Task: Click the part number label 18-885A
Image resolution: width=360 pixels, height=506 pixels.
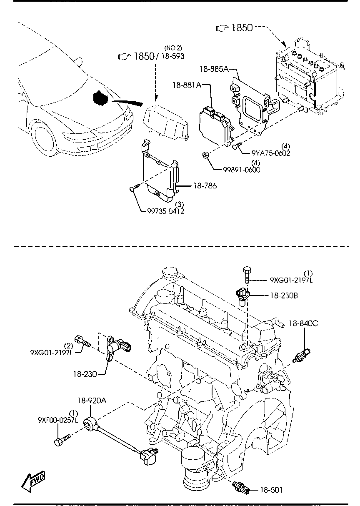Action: (214, 69)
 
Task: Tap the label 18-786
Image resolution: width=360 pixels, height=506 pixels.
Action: (205, 186)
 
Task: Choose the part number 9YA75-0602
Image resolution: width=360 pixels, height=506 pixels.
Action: (270, 153)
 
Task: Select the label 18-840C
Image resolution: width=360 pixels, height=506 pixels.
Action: (304, 323)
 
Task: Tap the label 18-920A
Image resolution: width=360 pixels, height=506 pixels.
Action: (91, 401)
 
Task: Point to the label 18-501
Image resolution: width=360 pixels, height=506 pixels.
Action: (271, 490)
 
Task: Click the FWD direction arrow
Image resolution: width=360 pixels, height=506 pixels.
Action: (33, 481)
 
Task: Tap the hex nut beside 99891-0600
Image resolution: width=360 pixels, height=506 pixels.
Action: (205, 155)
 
